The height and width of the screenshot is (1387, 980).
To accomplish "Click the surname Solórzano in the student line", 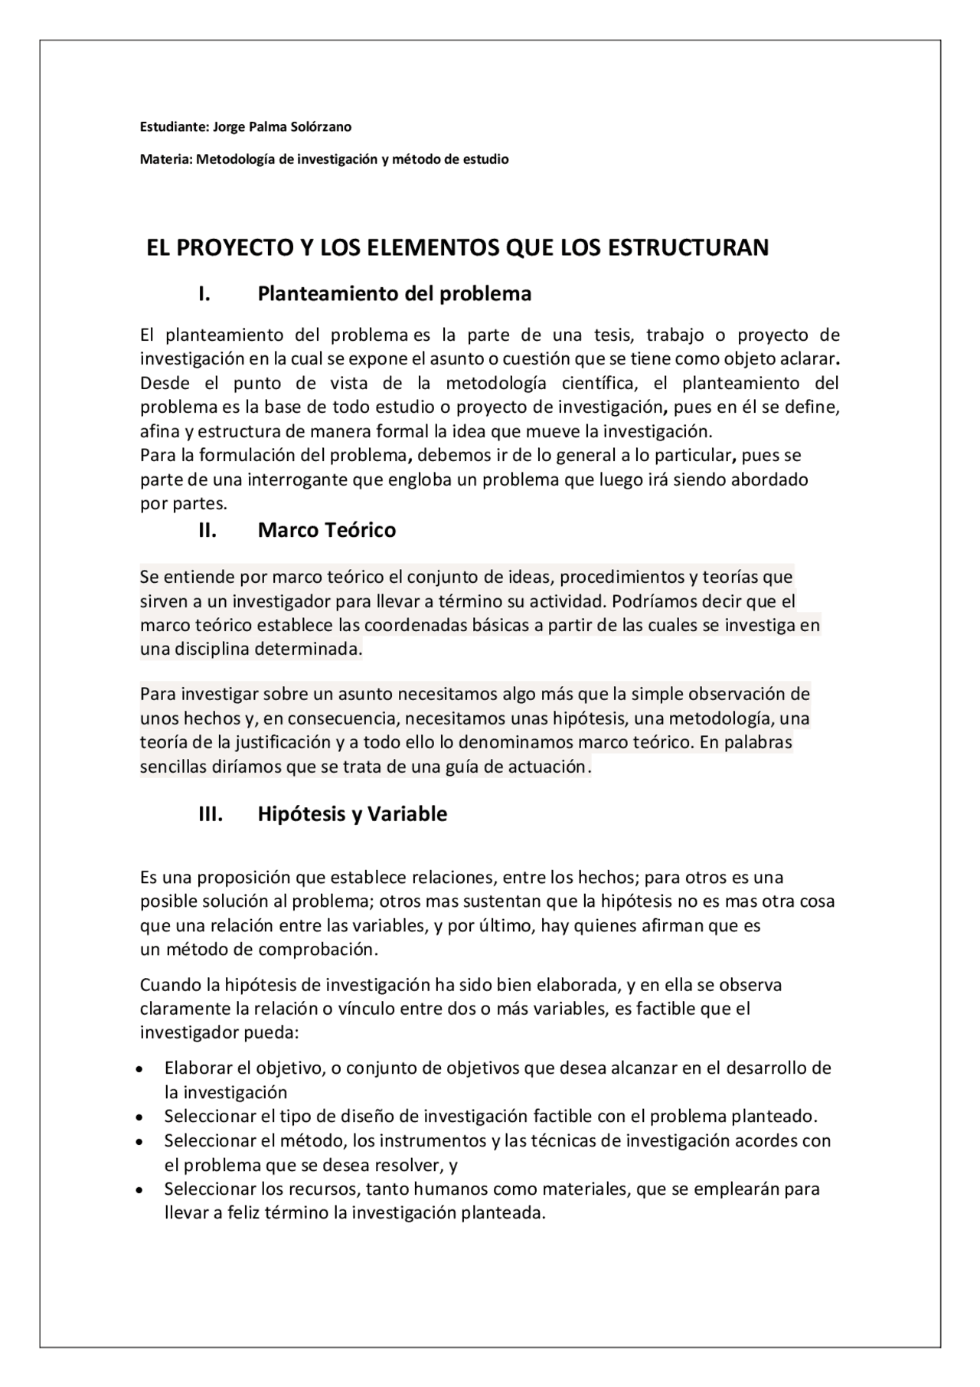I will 321,127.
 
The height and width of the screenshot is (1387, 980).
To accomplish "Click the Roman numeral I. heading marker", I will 204,294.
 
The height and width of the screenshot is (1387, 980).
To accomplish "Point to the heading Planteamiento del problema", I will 394,294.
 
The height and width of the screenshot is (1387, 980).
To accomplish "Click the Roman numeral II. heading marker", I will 207,530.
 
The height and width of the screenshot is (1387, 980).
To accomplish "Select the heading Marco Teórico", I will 327,530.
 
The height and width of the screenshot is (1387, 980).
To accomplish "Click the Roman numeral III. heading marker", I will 211,813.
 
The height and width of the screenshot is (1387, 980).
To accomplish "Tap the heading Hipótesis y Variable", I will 352,813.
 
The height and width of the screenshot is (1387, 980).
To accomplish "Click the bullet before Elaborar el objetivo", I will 139,1068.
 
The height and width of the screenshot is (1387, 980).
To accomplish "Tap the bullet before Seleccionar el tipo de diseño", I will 139,1117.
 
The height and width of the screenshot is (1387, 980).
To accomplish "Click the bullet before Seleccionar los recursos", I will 139,1190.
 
